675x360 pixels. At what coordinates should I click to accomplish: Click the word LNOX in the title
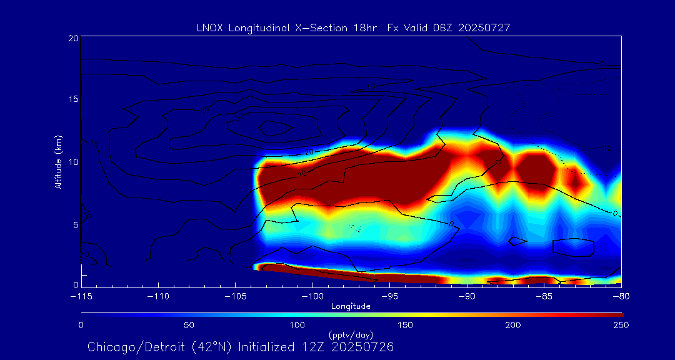coord(208,28)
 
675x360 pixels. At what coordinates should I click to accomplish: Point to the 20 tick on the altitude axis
coord(73,38)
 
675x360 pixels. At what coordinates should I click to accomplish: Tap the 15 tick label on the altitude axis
coord(73,100)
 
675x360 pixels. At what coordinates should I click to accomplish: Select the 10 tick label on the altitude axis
coord(73,162)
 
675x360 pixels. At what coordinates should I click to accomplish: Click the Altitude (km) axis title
coord(59,162)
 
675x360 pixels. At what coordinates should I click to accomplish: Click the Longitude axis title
coord(351,306)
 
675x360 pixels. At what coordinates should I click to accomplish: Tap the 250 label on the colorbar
coord(621,325)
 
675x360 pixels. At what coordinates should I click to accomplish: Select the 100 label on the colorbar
coord(297,325)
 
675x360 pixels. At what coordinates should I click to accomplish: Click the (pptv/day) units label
coord(351,335)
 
